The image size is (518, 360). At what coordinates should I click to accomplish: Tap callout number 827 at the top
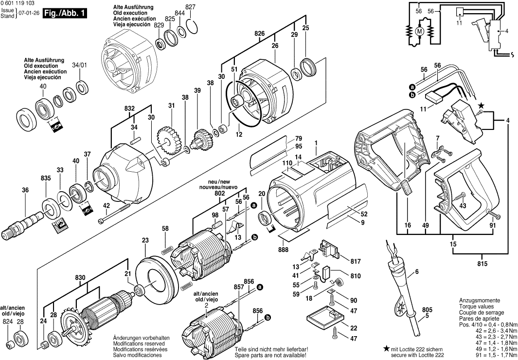pos(190,7)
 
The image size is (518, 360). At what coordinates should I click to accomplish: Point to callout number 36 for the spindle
pos(25,191)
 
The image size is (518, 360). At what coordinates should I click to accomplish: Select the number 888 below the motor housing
pos(284,250)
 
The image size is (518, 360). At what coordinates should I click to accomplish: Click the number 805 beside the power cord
pos(427,310)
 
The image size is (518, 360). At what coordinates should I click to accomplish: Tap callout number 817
pos(356,260)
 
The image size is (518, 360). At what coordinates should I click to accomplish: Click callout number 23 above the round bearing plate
pos(145,239)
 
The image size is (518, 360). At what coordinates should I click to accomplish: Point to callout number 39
pos(197,91)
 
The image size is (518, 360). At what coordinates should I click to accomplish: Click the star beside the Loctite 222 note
pos(386,348)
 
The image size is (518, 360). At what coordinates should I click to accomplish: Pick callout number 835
pos(46,179)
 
